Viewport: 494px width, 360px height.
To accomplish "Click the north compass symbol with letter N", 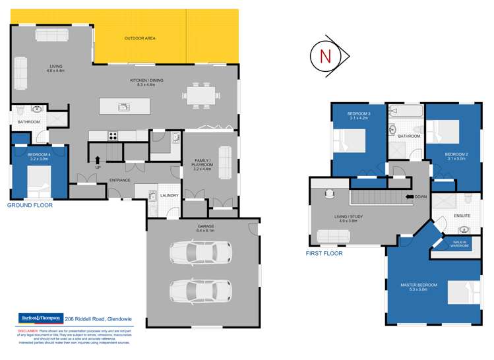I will click(326, 56).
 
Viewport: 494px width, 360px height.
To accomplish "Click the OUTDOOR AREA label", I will click(140, 39).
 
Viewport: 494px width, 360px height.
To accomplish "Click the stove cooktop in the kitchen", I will click(113, 136).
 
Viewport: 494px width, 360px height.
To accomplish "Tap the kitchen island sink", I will click(123, 107).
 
